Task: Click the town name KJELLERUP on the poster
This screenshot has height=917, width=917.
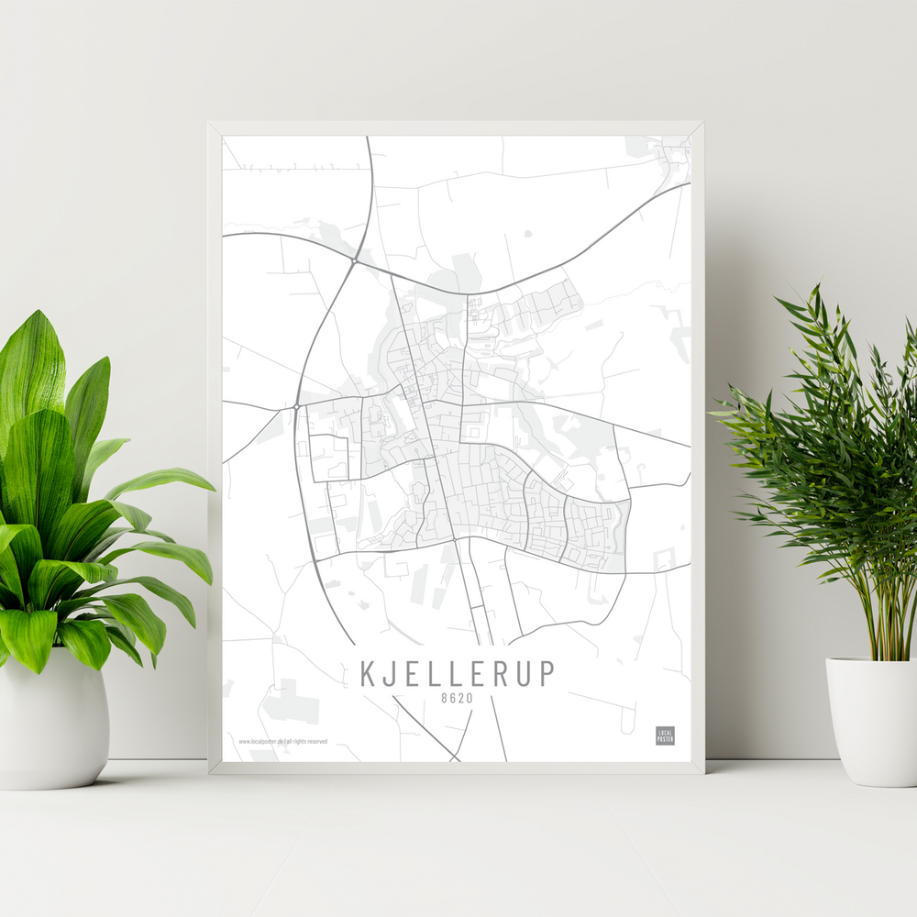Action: pos(457,673)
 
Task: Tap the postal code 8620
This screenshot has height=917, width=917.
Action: pos(458,699)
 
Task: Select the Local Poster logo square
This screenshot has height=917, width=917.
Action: pos(665,735)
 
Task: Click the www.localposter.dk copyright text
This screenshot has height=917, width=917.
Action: pos(282,741)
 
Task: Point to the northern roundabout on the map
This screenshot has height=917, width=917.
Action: pos(354,261)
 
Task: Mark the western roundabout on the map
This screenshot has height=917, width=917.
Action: pos(297,406)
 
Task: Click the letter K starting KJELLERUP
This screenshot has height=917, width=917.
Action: pos(368,673)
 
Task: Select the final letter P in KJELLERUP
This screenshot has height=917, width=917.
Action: pos(547,673)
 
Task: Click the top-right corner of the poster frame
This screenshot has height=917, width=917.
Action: pos(702,123)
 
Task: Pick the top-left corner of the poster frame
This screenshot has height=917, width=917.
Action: pos(210,123)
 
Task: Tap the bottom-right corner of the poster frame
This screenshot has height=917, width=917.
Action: pos(702,773)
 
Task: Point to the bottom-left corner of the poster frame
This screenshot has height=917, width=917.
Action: pos(210,773)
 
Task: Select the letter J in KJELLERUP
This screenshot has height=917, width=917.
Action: pos(389,673)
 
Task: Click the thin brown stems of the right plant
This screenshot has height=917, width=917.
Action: pos(886,624)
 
